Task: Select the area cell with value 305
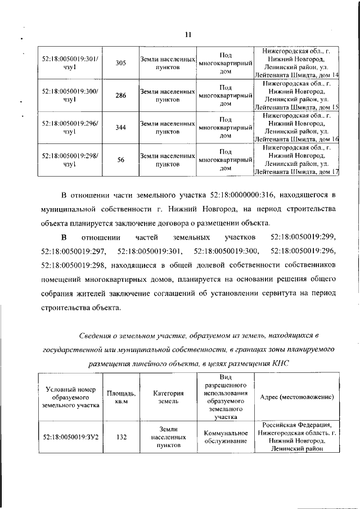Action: (120, 62)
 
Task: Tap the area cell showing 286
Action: (120, 95)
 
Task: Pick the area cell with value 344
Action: (120, 128)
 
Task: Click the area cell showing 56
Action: (120, 160)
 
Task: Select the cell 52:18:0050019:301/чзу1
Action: (70, 62)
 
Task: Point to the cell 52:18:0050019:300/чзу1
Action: (70, 95)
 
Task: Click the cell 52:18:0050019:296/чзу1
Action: (70, 128)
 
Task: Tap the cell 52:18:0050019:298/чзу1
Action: (70, 160)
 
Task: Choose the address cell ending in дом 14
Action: (296, 62)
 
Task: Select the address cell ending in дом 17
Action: (296, 160)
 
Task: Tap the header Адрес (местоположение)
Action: (297, 397)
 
